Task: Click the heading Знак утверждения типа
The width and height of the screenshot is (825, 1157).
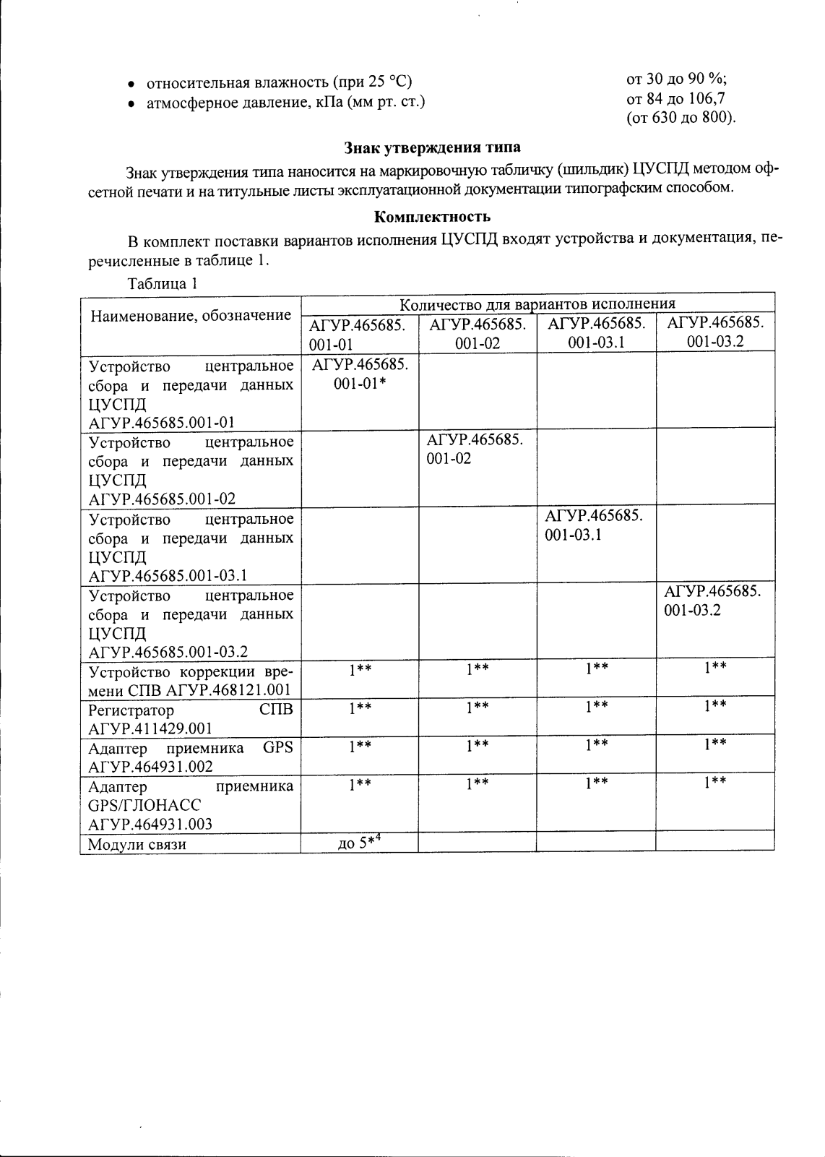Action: coord(432,147)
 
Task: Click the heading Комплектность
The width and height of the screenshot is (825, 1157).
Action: coord(432,216)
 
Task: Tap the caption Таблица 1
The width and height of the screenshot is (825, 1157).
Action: coord(163,283)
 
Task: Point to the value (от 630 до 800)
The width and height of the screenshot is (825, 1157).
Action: coord(681,118)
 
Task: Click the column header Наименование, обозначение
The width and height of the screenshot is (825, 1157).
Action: coord(190,315)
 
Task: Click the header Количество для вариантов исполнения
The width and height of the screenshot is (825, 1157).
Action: coord(537,304)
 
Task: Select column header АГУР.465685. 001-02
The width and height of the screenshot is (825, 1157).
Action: coord(478,333)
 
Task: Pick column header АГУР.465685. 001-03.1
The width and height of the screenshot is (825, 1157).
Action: coord(596,333)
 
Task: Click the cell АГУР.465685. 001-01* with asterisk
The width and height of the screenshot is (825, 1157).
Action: coord(360,374)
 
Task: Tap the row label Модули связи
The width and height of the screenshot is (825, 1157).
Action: coord(137,844)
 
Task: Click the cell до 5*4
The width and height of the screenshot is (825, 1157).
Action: coord(359,843)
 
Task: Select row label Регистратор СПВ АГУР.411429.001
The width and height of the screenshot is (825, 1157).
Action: coord(190,718)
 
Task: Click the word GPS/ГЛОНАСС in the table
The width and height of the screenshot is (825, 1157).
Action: coord(144,805)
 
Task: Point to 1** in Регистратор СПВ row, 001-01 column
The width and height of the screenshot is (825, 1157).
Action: coord(360,706)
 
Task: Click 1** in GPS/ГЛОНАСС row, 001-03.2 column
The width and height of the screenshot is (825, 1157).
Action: coord(714,782)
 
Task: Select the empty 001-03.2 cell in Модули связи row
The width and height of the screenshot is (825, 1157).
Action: coord(714,842)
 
